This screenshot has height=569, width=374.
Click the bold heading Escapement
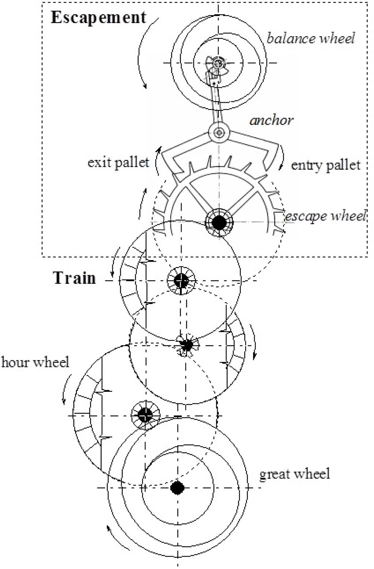(98, 18)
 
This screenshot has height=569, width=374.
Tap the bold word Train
(75, 278)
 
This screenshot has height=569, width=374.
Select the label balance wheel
(311, 38)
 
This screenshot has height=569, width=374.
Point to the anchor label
(271, 120)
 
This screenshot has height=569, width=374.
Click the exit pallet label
(118, 162)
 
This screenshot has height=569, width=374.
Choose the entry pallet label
(325, 165)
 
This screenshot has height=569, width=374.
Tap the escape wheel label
(325, 216)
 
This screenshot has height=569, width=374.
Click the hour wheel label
(35, 362)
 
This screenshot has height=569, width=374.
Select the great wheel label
(294, 474)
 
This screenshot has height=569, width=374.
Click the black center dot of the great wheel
(178, 488)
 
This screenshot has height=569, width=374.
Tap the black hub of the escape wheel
(219, 222)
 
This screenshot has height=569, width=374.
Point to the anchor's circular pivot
(219, 133)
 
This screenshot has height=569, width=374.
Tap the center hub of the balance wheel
(218, 63)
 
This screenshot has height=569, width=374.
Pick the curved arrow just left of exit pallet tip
(157, 161)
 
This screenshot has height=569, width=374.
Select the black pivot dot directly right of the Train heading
(181, 281)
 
